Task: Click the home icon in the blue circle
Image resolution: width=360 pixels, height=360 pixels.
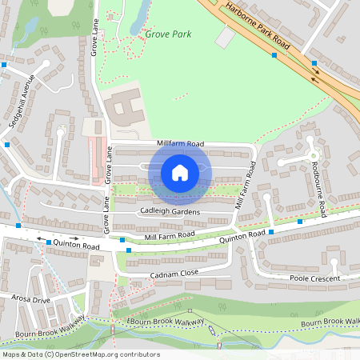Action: (180, 173)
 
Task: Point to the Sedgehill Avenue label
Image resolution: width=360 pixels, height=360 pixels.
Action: (21, 98)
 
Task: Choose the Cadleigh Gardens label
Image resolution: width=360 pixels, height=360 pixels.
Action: (170, 210)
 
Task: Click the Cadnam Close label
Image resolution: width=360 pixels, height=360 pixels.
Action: (174, 274)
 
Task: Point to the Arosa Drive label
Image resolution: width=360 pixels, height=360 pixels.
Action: (30, 300)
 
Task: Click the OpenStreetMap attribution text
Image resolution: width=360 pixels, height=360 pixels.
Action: (81, 354)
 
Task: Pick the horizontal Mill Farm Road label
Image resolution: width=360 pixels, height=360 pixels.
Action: (170, 235)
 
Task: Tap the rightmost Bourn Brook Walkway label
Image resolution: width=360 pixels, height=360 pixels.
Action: (330, 322)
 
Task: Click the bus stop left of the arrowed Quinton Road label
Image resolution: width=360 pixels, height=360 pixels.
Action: (49, 242)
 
